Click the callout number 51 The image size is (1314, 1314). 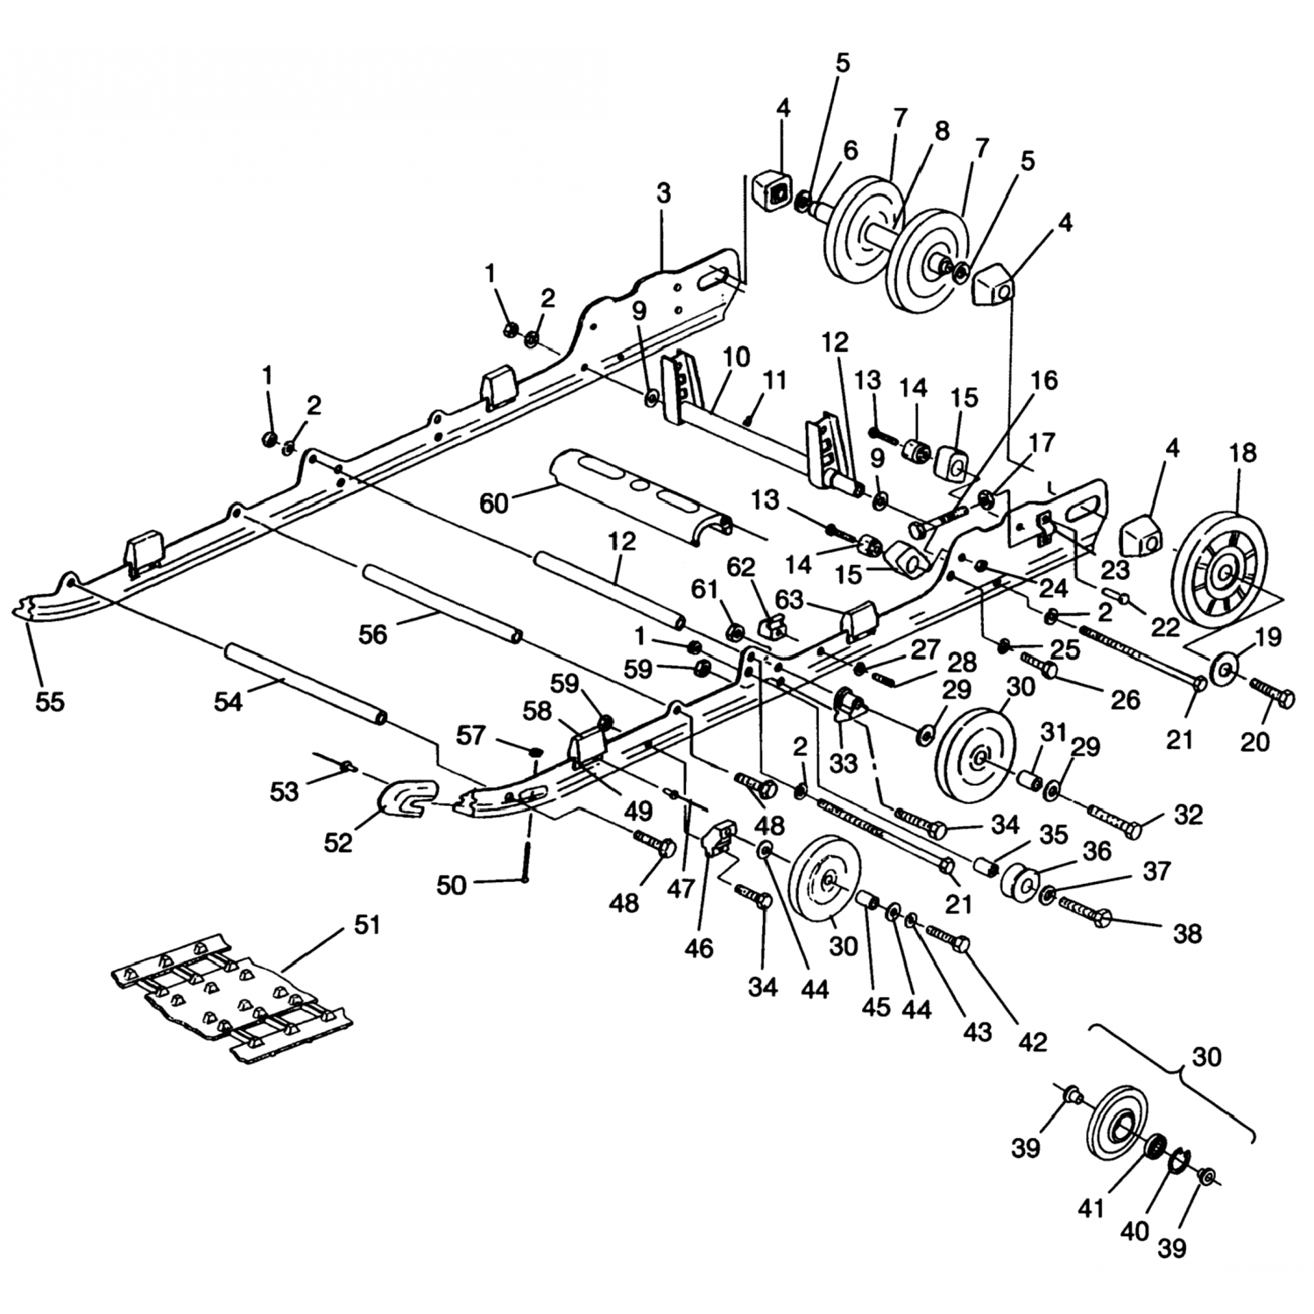pyautogui.click(x=367, y=924)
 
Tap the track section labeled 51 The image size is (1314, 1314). pyautogui.click(x=232, y=999)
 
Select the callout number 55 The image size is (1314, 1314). pyautogui.click(x=49, y=702)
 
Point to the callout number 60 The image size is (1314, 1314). pyautogui.click(x=494, y=505)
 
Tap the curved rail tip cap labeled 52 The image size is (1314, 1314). pyautogui.click(x=405, y=796)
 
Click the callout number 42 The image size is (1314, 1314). pyautogui.click(x=1033, y=1042)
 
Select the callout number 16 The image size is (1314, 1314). pyautogui.click(x=1043, y=381)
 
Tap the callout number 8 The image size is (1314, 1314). pyautogui.click(x=942, y=131)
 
